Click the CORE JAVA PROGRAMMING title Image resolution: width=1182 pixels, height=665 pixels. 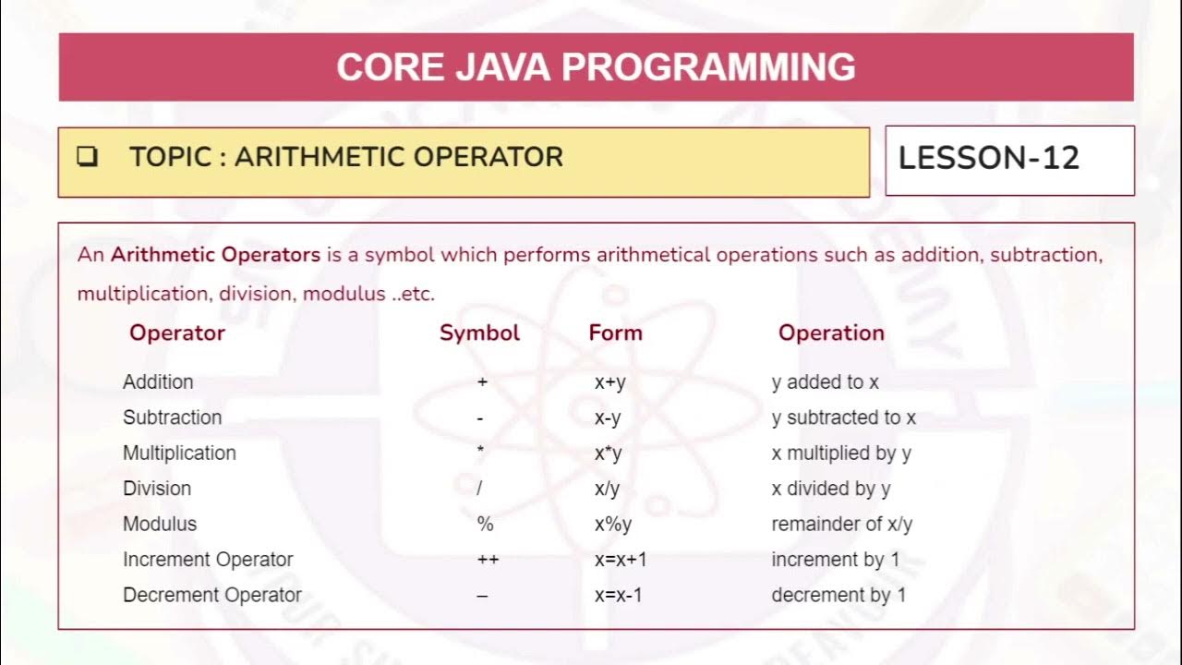point(596,67)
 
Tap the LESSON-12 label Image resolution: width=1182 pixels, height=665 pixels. point(989,158)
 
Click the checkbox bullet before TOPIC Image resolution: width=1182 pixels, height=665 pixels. point(88,157)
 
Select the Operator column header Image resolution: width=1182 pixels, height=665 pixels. point(177,332)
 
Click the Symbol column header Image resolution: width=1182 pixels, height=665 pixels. point(479,332)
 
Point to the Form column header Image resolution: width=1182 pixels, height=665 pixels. point(615,332)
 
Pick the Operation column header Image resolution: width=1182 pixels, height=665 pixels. point(831,332)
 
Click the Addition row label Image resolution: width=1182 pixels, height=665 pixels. point(158,381)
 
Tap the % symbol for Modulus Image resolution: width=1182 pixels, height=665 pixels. point(486,524)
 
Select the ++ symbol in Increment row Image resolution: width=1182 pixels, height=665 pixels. point(487,560)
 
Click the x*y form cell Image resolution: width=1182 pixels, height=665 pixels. point(609,453)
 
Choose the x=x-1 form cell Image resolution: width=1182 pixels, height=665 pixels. point(618,595)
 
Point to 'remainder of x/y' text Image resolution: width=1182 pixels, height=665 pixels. point(841,524)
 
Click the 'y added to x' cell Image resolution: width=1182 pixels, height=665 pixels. point(825,381)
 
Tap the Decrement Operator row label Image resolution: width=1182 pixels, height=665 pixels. point(212,595)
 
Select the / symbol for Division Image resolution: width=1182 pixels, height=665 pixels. point(479,489)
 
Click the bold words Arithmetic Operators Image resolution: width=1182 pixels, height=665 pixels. point(215,255)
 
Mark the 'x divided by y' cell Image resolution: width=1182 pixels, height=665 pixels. point(830,489)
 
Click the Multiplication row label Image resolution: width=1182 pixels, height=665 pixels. point(179,453)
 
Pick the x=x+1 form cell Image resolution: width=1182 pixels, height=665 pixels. point(620,560)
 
